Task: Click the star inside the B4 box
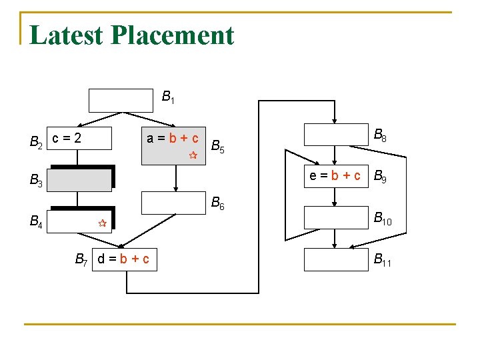click(102, 224)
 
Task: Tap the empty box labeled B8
click(336, 135)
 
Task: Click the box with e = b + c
click(336, 176)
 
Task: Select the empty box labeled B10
click(336, 217)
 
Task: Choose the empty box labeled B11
click(336, 259)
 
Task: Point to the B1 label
click(168, 97)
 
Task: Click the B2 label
click(37, 141)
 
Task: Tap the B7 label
click(82, 259)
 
